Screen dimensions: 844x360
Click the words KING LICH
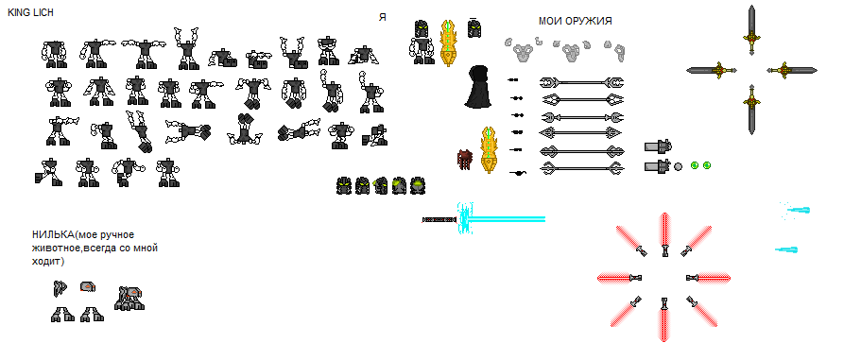click(x=30, y=12)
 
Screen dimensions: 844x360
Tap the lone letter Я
click(x=382, y=17)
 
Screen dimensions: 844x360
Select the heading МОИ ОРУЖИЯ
click(x=575, y=21)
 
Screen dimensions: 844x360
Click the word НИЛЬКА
click(x=53, y=234)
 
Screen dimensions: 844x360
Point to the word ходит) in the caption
click(x=48, y=262)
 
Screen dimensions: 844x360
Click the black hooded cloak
click(x=477, y=86)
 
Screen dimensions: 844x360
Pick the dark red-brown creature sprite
click(x=464, y=160)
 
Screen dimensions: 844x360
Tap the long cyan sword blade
click(x=506, y=219)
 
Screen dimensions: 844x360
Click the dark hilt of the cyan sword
click(x=439, y=219)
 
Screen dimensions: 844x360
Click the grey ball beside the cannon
click(x=679, y=166)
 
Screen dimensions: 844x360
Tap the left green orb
click(x=695, y=165)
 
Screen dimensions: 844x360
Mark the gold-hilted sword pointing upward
click(x=752, y=29)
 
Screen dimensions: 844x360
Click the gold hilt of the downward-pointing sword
click(x=752, y=99)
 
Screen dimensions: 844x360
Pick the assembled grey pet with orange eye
click(x=129, y=299)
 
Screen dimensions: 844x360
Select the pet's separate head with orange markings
click(x=88, y=286)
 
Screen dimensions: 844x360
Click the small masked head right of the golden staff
click(x=474, y=28)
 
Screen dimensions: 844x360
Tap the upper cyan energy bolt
click(x=795, y=211)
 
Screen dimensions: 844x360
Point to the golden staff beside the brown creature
click(x=489, y=150)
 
